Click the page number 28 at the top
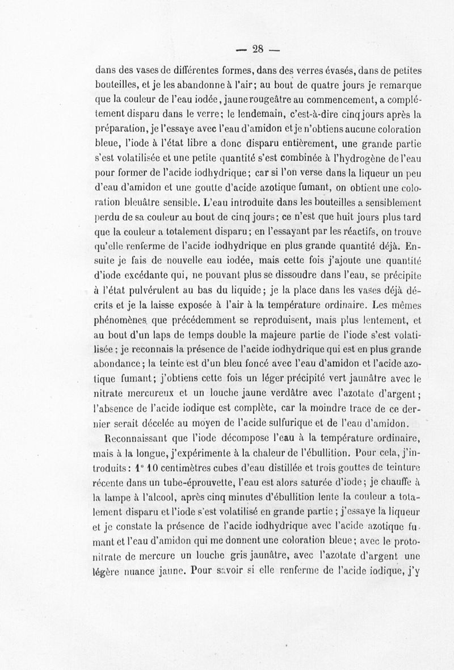pyautogui.click(x=259, y=49)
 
